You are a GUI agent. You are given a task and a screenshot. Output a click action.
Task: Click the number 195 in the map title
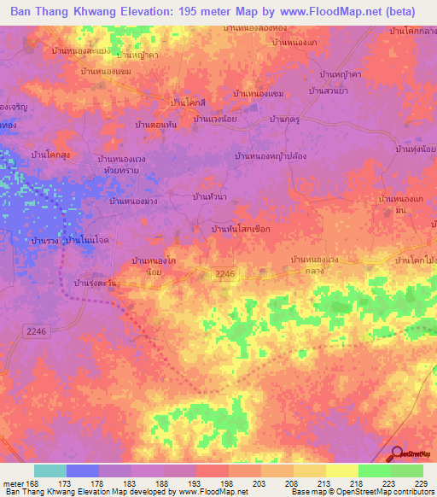pos(189,12)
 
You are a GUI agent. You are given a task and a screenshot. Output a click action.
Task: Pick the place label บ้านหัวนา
pos(210,197)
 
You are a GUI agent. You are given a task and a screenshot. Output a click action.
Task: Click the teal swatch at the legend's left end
pos(50,471)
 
